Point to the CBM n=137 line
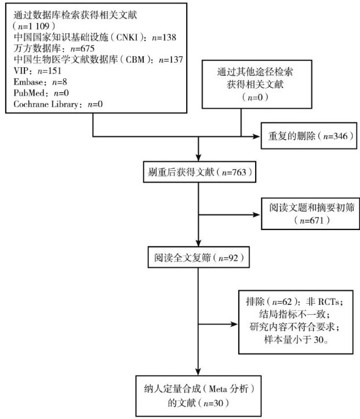pos(97,59)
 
